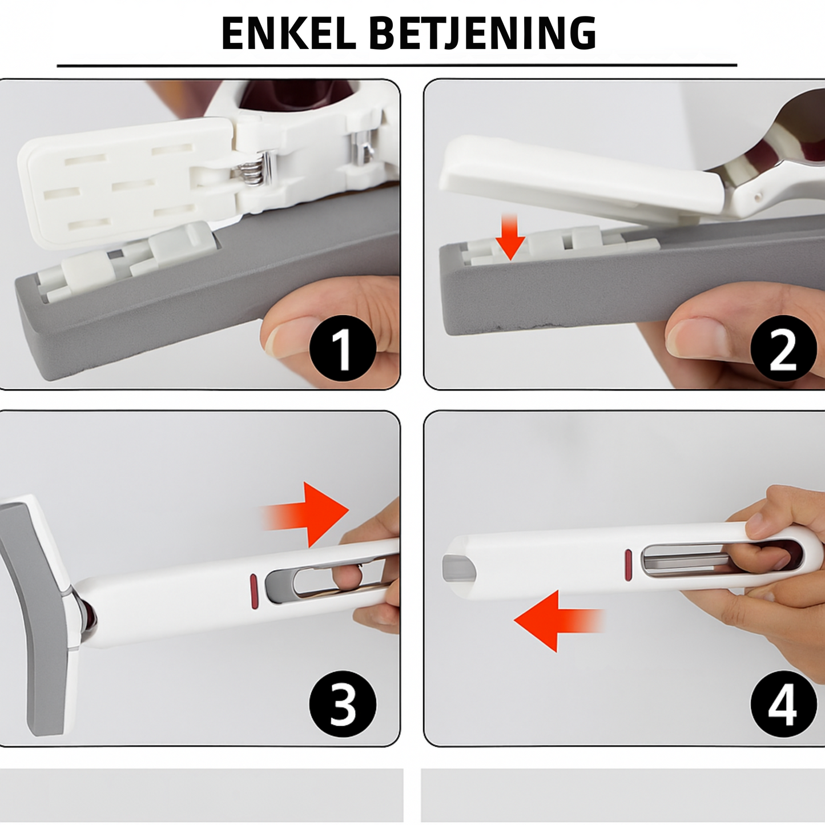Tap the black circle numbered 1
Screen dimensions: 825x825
[x=343, y=348]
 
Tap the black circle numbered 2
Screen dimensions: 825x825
[x=783, y=348]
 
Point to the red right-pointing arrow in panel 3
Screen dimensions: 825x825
[x=305, y=514]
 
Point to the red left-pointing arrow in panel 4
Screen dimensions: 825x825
[x=559, y=621]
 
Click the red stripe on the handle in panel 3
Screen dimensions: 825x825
[x=253, y=591]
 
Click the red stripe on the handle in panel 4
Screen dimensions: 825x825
[x=628, y=565]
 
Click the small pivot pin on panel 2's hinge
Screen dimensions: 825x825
[x=758, y=198]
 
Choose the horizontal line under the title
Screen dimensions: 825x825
[x=397, y=66]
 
